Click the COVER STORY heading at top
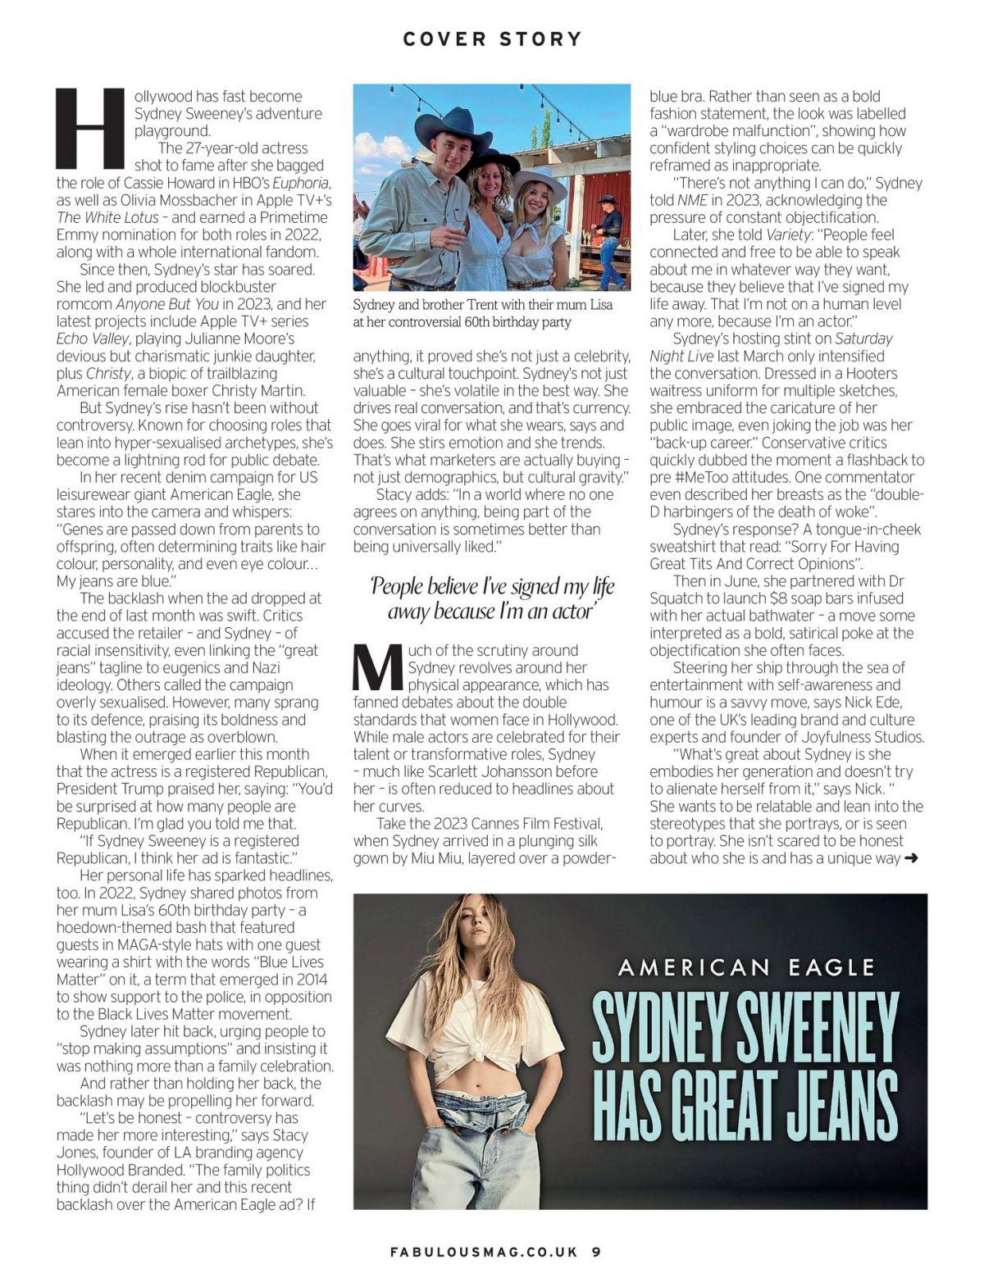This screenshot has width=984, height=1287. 492,39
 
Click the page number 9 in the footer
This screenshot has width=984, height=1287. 596,1252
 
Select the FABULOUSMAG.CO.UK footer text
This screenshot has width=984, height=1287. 484,1252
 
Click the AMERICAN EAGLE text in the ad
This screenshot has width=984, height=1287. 745,967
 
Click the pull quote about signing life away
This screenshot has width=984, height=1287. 491,598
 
